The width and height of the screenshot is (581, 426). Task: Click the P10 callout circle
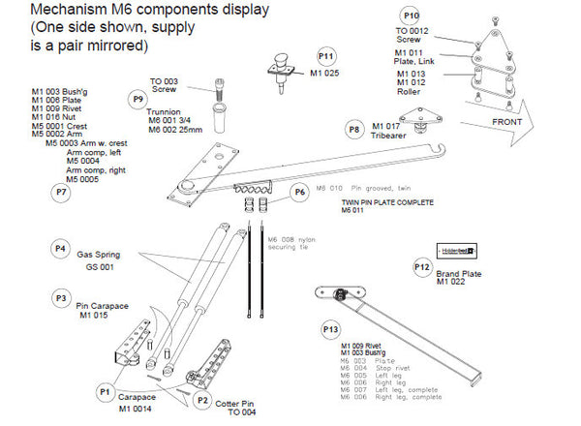coord(412,16)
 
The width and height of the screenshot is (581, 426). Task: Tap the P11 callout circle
coord(325,56)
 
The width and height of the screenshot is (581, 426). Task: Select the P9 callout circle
coord(138,98)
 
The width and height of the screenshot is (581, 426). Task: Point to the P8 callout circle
coord(354,129)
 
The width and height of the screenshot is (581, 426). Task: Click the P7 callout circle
coord(61,192)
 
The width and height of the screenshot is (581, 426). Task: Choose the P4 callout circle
coord(61,249)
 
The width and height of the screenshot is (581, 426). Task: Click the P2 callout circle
coord(201,399)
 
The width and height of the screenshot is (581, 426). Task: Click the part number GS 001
coord(100,266)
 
